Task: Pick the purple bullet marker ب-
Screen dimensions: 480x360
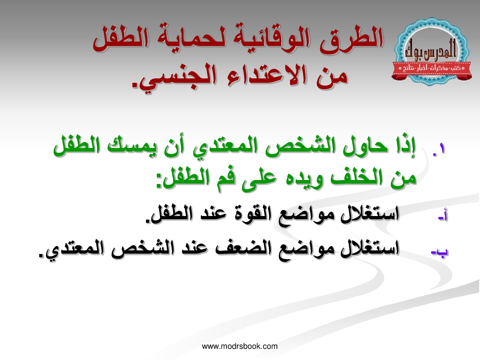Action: [440, 251]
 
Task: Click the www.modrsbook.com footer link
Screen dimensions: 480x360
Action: [240, 346]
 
